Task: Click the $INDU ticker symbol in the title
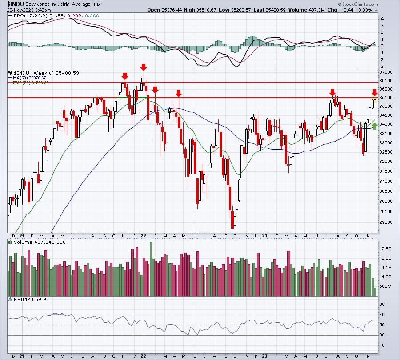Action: (x=16, y=4)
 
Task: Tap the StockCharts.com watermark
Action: (x=358, y=4)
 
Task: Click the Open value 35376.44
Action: (x=172, y=10)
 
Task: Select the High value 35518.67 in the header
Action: (x=206, y=10)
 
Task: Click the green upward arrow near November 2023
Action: (x=374, y=126)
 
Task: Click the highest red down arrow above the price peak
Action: (x=144, y=67)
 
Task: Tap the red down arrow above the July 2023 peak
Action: (x=332, y=92)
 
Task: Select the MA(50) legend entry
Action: (x=29, y=78)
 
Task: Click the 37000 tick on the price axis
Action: (x=386, y=72)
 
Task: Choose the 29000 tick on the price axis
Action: (x=386, y=222)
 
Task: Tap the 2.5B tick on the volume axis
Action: (x=386, y=249)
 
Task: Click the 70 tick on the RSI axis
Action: (x=382, y=315)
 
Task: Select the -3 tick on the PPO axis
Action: (x=382, y=67)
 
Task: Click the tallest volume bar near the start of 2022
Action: (x=151, y=269)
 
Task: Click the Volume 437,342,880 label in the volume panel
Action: (x=40, y=242)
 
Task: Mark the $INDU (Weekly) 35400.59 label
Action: (x=46, y=73)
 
